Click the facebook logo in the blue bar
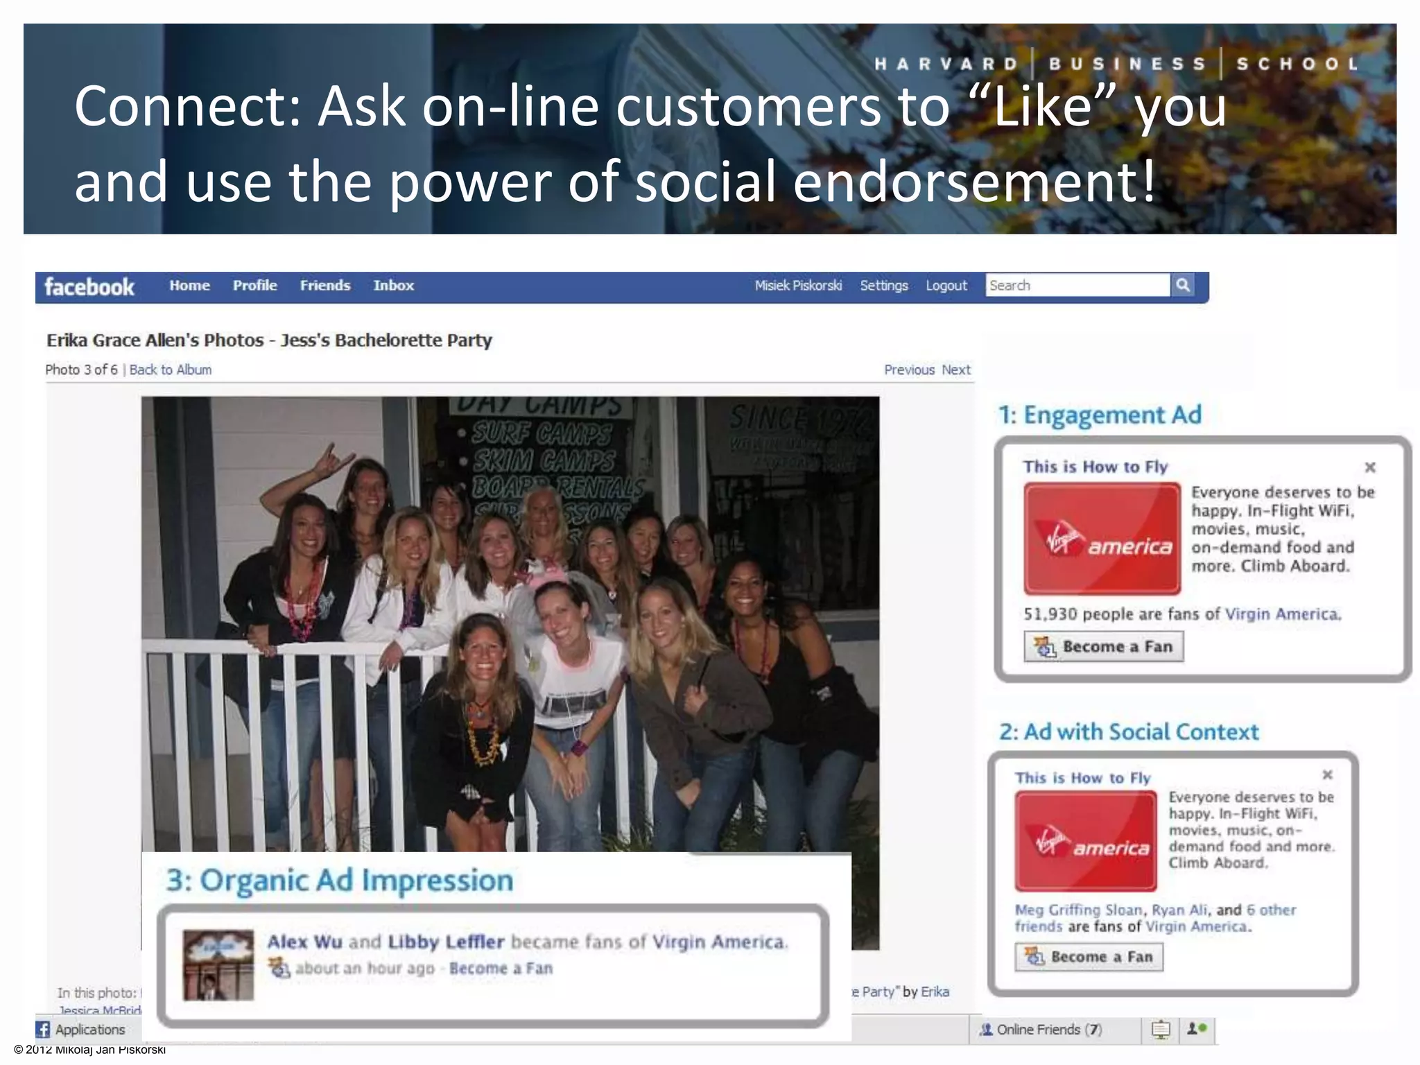click(89, 286)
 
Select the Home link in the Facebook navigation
click(189, 286)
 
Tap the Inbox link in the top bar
click(393, 286)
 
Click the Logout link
click(946, 286)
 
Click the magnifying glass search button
click(1183, 285)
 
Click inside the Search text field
click(1077, 285)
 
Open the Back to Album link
click(171, 370)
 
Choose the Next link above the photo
click(956, 370)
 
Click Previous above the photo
click(909, 370)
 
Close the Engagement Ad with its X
click(1370, 467)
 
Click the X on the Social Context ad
click(1327, 774)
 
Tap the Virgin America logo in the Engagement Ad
click(1102, 539)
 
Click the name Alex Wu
click(305, 942)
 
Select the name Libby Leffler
click(446, 942)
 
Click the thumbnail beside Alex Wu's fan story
click(218, 964)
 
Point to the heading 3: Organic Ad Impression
click(340, 880)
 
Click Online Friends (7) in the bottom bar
click(1041, 1030)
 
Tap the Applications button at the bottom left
click(82, 1030)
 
